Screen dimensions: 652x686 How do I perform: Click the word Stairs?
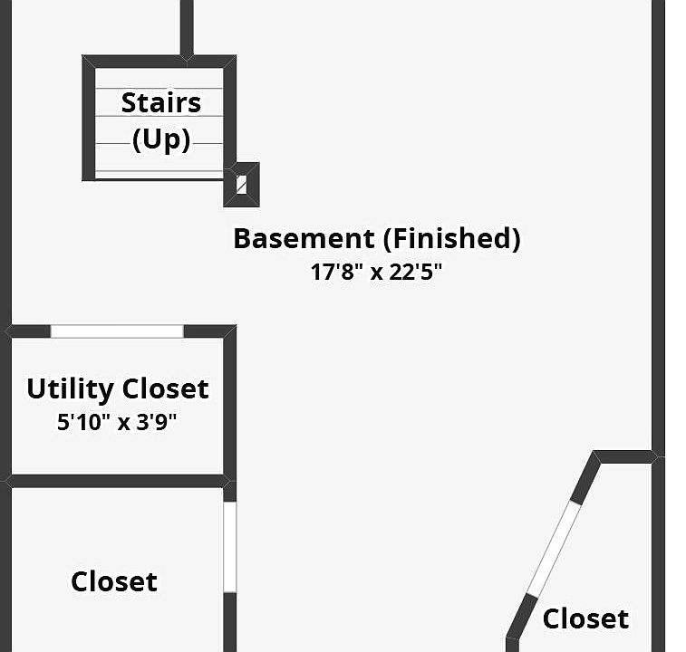[x=161, y=102]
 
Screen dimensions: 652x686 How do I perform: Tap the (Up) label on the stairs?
[x=161, y=140]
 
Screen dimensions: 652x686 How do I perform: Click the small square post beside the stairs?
[x=241, y=185]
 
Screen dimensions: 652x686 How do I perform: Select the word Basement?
[x=304, y=239]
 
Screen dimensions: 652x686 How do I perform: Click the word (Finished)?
[x=451, y=239]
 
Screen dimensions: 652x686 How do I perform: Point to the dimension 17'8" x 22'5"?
[x=376, y=272]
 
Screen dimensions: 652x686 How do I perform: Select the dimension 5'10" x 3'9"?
[x=117, y=421]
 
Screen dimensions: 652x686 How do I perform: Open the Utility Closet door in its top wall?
[x=117, y=331]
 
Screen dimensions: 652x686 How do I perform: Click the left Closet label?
[x=114, y=581]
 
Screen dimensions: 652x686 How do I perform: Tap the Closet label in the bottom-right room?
[x=585, y=619]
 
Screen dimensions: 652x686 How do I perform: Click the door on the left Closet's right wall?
[x=230, y=546]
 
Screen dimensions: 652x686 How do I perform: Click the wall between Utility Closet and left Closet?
[x=117, y=480]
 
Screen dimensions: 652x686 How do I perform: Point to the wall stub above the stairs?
[x=187, y=27]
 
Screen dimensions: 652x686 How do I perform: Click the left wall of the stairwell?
[x=89, y=118]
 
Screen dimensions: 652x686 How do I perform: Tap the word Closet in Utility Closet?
[x=166, y=389]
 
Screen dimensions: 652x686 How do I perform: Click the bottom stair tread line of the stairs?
[x=159, y=171]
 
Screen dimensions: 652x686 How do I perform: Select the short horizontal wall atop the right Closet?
[x=625, y=456]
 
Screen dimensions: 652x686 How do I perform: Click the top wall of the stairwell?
[x=159, y=62]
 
